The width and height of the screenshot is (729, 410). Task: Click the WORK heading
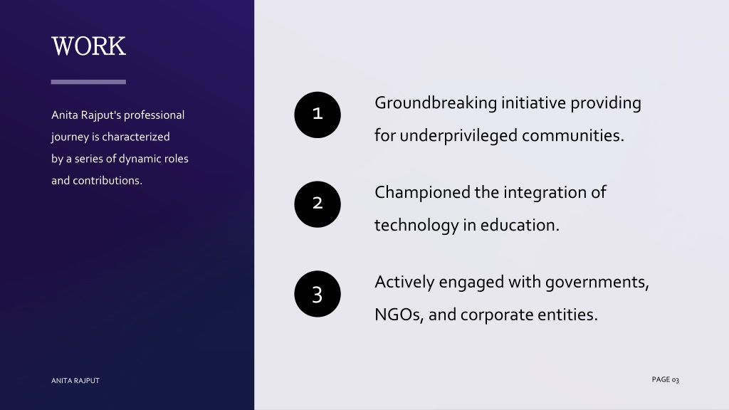point(88,46)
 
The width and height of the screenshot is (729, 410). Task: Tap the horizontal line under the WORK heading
point(88,82)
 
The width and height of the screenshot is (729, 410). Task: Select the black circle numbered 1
point(318,115)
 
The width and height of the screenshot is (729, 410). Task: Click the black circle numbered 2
point(318,204)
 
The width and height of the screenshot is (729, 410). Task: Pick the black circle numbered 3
point(318,294)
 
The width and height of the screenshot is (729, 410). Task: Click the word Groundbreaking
point(436,103)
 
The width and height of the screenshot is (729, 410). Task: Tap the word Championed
point(422,193)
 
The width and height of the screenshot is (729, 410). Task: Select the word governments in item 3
point(597,282)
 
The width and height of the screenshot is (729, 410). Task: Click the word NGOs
point(399,315)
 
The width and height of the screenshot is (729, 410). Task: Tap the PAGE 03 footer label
point(666,380)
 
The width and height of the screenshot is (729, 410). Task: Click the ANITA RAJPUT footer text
point(75,381)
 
